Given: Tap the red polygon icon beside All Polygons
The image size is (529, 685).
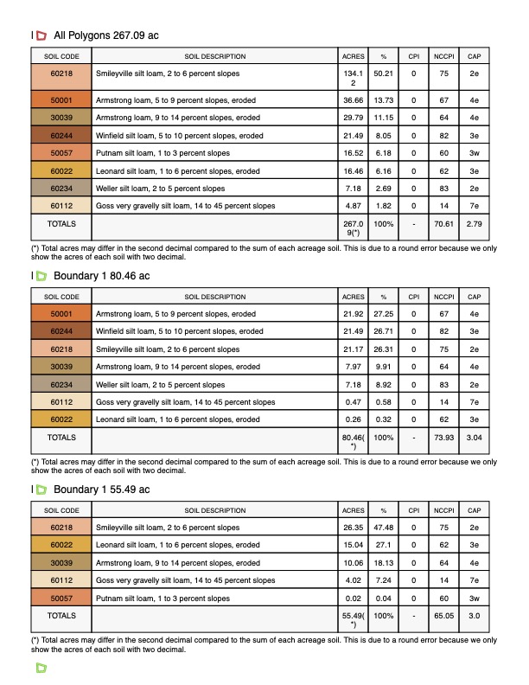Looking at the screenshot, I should coord(40,35).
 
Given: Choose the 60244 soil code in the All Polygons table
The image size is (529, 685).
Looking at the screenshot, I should coord(61,136).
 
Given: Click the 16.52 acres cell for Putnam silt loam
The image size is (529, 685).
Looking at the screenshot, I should coord(353,153).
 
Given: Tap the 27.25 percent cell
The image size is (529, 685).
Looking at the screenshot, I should coord(383,314).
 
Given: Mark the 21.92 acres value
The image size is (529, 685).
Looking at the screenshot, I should coord(353,314).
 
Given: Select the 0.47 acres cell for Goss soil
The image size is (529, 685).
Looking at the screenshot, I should coord(353,402).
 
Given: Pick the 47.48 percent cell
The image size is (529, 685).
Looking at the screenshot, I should coord(383,528).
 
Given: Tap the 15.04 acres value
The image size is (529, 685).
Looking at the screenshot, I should coord(353,546).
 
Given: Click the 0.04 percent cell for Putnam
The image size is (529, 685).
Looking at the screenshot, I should coord(383,599).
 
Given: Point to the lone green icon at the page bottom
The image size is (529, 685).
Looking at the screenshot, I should coord(40,669).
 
